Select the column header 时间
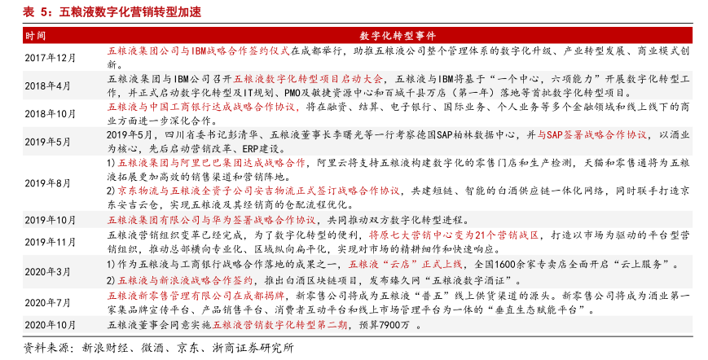[x=36, y=36]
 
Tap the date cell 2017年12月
[x=50, y=58]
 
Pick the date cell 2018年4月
[x=47, y=86]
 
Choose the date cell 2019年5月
[x=47, y=141]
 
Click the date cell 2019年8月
[x=47, y=183]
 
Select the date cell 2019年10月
[x=50, y=220]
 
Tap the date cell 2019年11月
[x=50, y=241]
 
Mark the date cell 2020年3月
[x=47, y=271]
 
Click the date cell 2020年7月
[x=47, y=302]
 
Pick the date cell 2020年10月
[x=50, y=324]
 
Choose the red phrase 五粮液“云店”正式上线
[x=405, y=265]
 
